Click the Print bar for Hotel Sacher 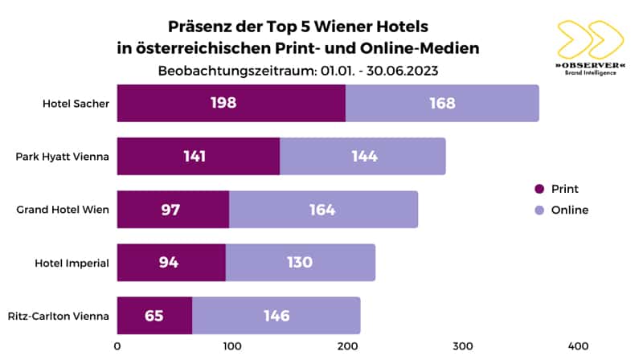point(231,103)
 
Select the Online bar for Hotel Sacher point(442,103)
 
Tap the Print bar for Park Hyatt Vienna point(199,156)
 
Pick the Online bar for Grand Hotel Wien point(323,210)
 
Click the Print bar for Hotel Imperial point(171,263)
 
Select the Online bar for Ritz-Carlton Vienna point(276,316)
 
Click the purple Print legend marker point(539,190)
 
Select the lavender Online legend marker point(539,211)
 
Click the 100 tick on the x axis point(232,346)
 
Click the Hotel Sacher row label point(76,104)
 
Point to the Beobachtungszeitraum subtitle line point(298,70)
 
